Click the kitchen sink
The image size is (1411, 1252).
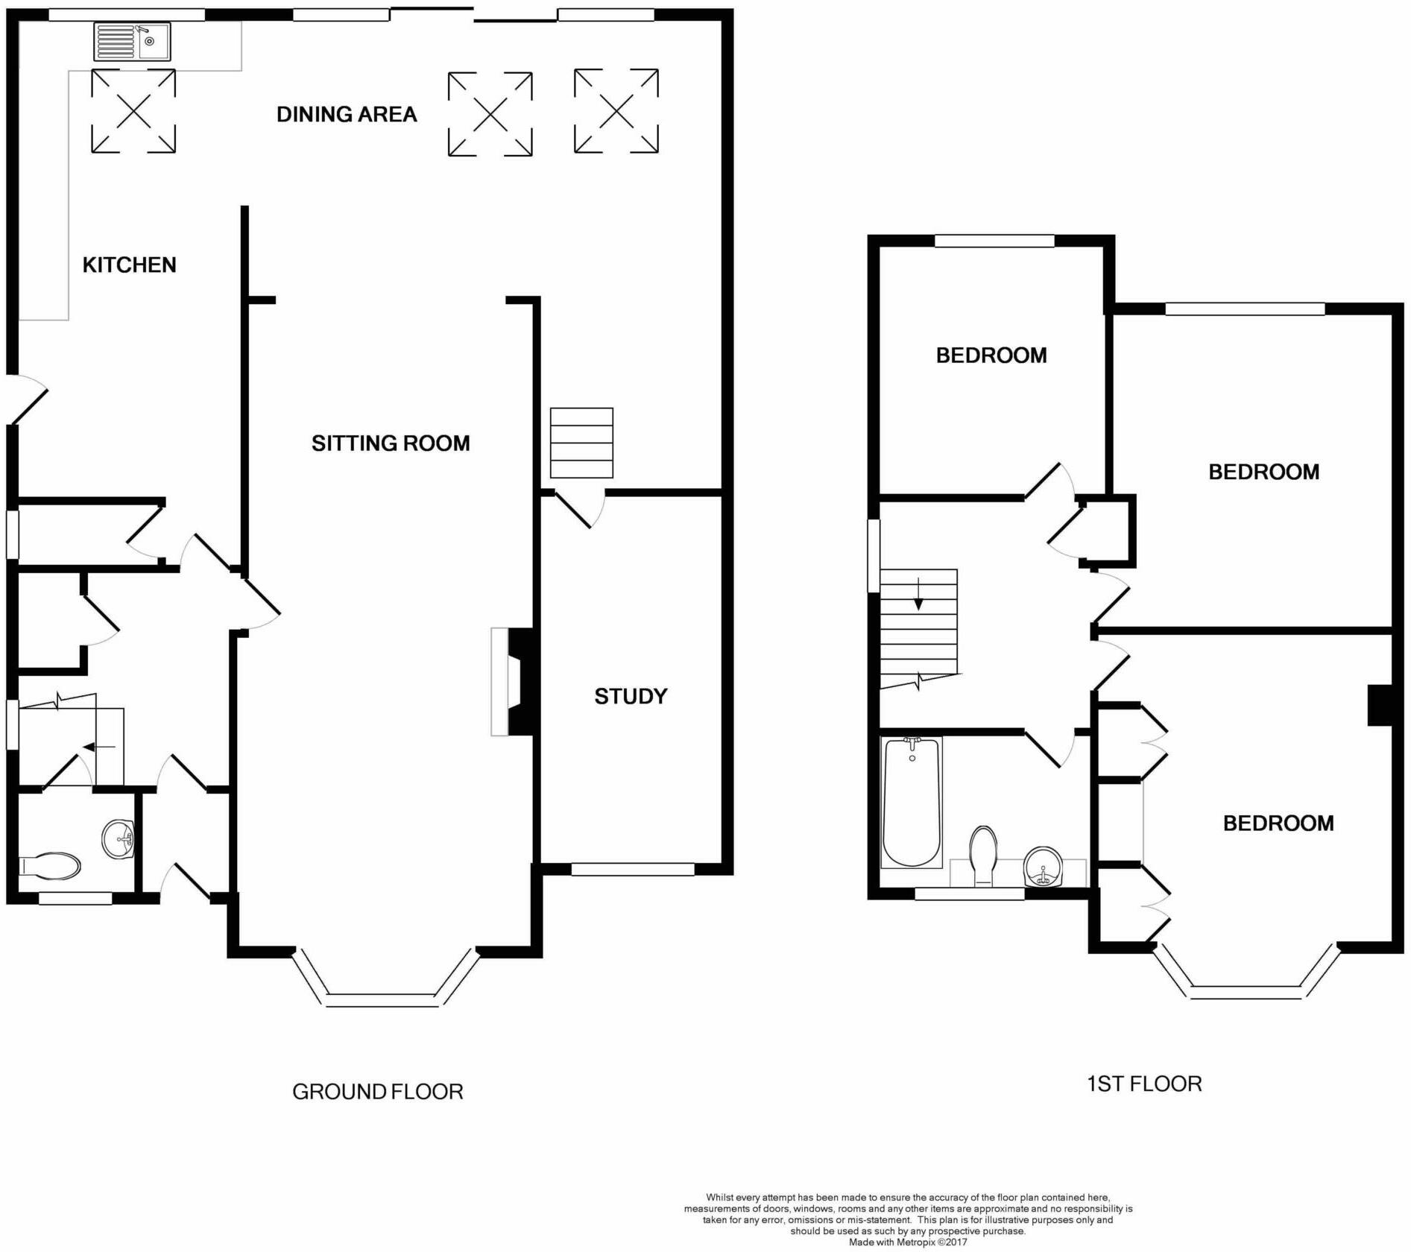133,41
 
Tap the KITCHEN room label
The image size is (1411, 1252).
129,265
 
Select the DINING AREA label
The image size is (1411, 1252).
347,114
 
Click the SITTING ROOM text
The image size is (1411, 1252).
391,443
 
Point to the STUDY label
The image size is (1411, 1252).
631,696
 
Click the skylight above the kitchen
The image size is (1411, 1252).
133,111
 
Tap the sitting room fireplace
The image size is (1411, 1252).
513,682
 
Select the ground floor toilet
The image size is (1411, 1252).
50,866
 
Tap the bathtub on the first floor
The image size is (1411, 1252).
911,802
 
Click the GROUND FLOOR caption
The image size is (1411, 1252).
378,1092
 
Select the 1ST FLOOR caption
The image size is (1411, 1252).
1144,1084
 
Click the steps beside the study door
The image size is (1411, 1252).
581,443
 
